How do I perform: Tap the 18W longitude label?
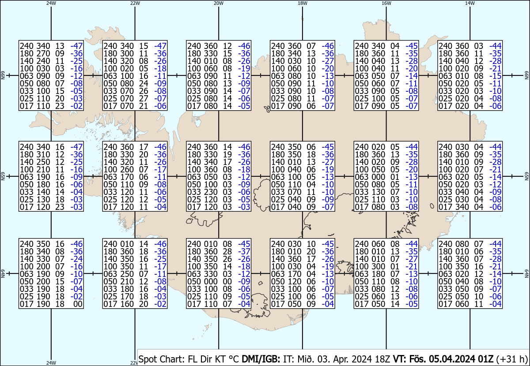point(303,3)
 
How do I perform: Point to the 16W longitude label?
point(386,3)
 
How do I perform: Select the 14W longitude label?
point(470,3)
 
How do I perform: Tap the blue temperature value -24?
point(76,259)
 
